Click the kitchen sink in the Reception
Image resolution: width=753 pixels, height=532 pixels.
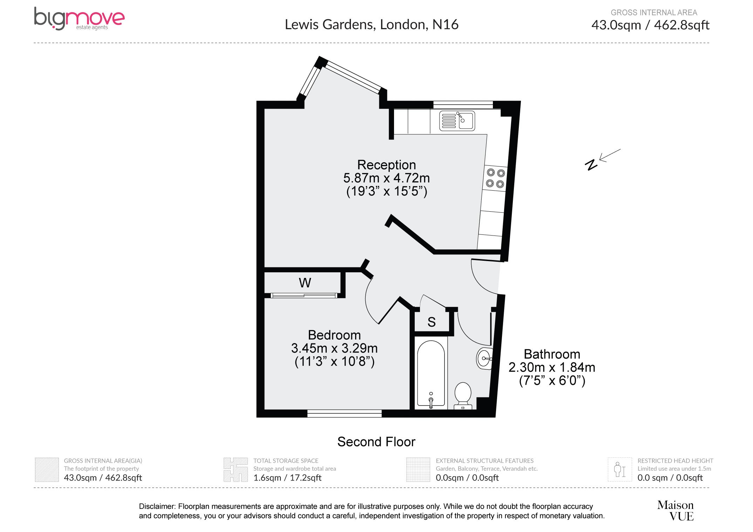click(x=457, y=121)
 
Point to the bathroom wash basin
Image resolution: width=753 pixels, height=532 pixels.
click(x=484, y=358)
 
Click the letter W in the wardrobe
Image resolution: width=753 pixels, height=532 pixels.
click(x=305, y=282)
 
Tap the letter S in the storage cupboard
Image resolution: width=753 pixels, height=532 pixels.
click(x=432, y=322)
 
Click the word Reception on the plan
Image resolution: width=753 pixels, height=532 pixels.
click(x=386, y=165)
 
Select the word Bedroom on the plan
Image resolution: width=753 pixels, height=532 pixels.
click(x=334, y=335)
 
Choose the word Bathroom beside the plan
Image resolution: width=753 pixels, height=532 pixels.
click(x=552, y=354)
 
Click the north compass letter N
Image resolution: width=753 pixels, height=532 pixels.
click(x=591, y=165)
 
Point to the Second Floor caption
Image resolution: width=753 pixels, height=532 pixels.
click(x=376, y=442)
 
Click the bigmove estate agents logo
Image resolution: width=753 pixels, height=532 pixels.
click(x=79, y=19)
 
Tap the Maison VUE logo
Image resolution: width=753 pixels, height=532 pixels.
click(x=675, y=510)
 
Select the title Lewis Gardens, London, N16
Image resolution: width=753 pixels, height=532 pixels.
click(x=372, y=25)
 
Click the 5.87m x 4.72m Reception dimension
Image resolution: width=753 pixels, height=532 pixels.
click(x=386, y=178)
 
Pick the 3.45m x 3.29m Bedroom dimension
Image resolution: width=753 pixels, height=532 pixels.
click(x=334, y=348)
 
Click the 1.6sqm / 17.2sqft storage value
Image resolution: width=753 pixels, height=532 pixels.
click(x=287, y=478)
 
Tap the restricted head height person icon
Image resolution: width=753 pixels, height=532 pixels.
click(x=619, y=470)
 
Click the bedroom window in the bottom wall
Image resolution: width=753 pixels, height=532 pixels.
click(x=344, y=414)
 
